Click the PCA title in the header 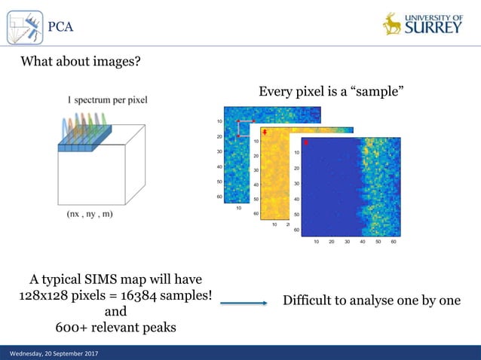coord(60,27)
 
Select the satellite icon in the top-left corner coord(25,27)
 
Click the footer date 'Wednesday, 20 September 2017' coord(54,353)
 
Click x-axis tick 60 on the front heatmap coord(394,242)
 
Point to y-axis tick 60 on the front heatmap coord(296,230)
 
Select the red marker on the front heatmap coord(306,142)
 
